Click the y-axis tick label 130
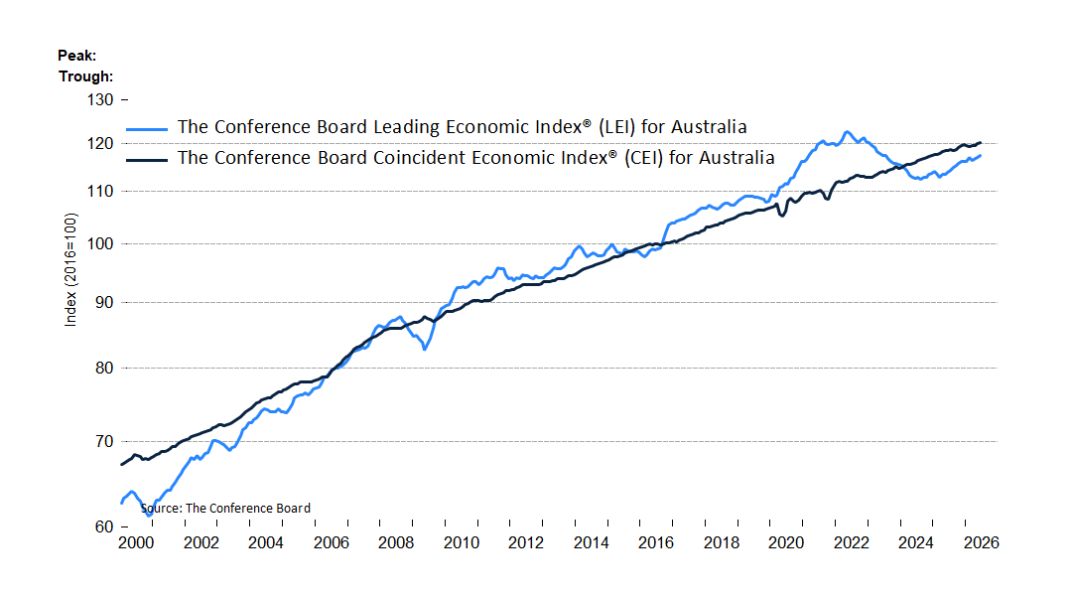coord(100,100)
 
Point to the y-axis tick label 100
coord(100,244)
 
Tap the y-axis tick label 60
coord(104,526)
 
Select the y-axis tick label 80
coord(104,369)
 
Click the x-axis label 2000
coord(136,543)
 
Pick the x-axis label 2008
coord(396,543)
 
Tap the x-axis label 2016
coord(656,543)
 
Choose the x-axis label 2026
coord(981,543)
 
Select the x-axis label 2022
coord(852,543)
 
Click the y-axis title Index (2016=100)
coord(70,269)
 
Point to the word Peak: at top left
coord(76,56)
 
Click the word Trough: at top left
coord(85,76)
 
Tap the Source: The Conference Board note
coord(225,509)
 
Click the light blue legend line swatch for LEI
coord(146,128)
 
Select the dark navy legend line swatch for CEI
coord(146,160)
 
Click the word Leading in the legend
coord(406,128)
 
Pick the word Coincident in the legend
coord(419,158)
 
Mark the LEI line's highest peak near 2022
coord(847,132)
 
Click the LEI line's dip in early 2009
coord(425,349)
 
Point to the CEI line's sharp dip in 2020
coord(783,215)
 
